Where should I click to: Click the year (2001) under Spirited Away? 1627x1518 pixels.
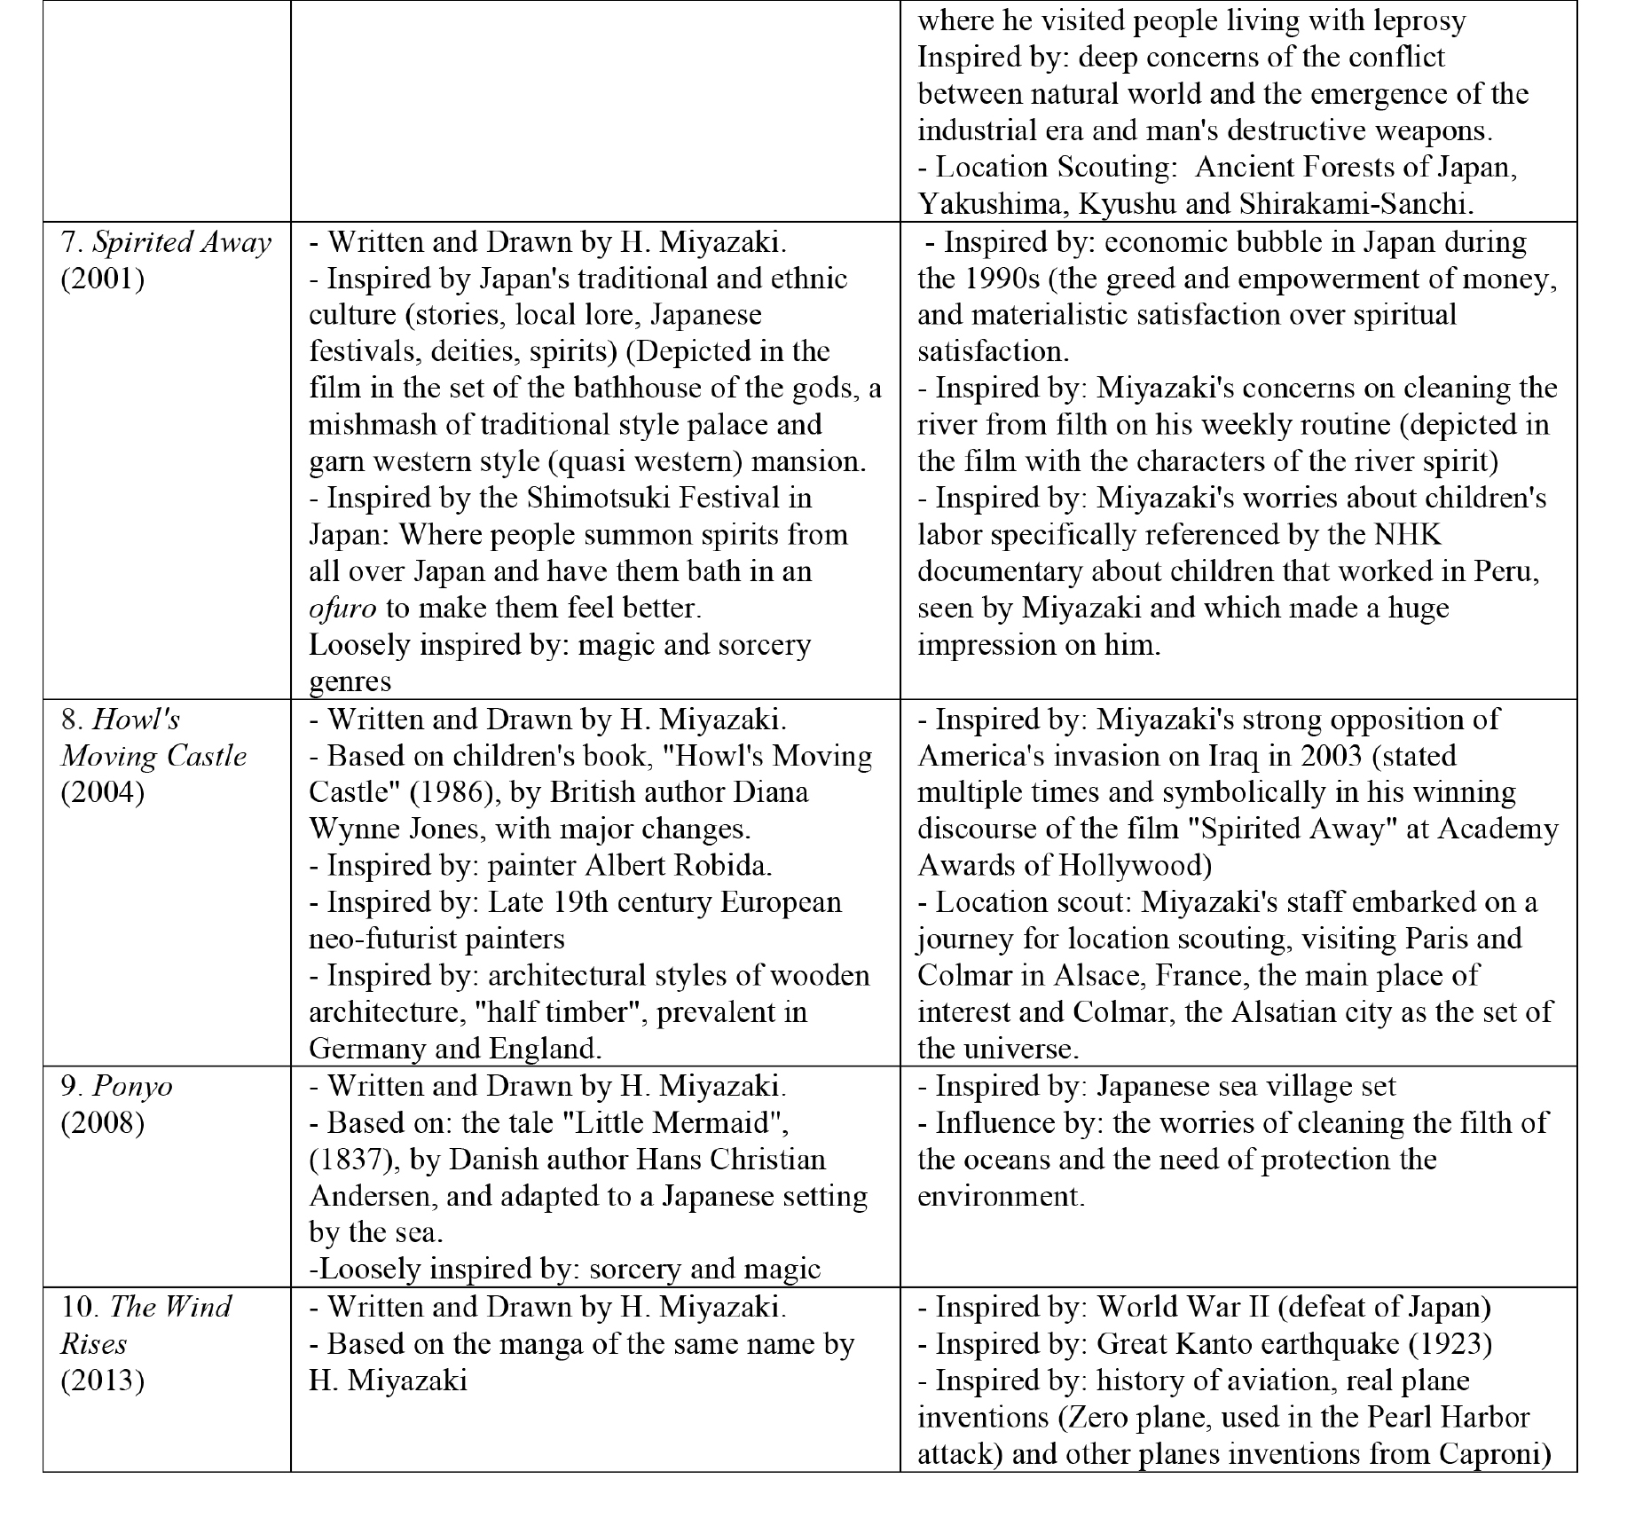(x=102, y=279)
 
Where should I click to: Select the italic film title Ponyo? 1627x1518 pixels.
(x=132, y=1087)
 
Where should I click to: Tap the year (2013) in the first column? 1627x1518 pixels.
(x=102, y=1380)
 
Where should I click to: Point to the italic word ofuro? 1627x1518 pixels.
(x=342, y=609)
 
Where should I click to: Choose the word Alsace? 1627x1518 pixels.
(x=1090, y=975)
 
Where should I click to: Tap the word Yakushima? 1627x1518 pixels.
(x=980, y=204)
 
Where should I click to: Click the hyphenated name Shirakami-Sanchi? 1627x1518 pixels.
(x=1355, y=204)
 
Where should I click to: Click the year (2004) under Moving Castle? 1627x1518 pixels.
(x=102, y=792)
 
